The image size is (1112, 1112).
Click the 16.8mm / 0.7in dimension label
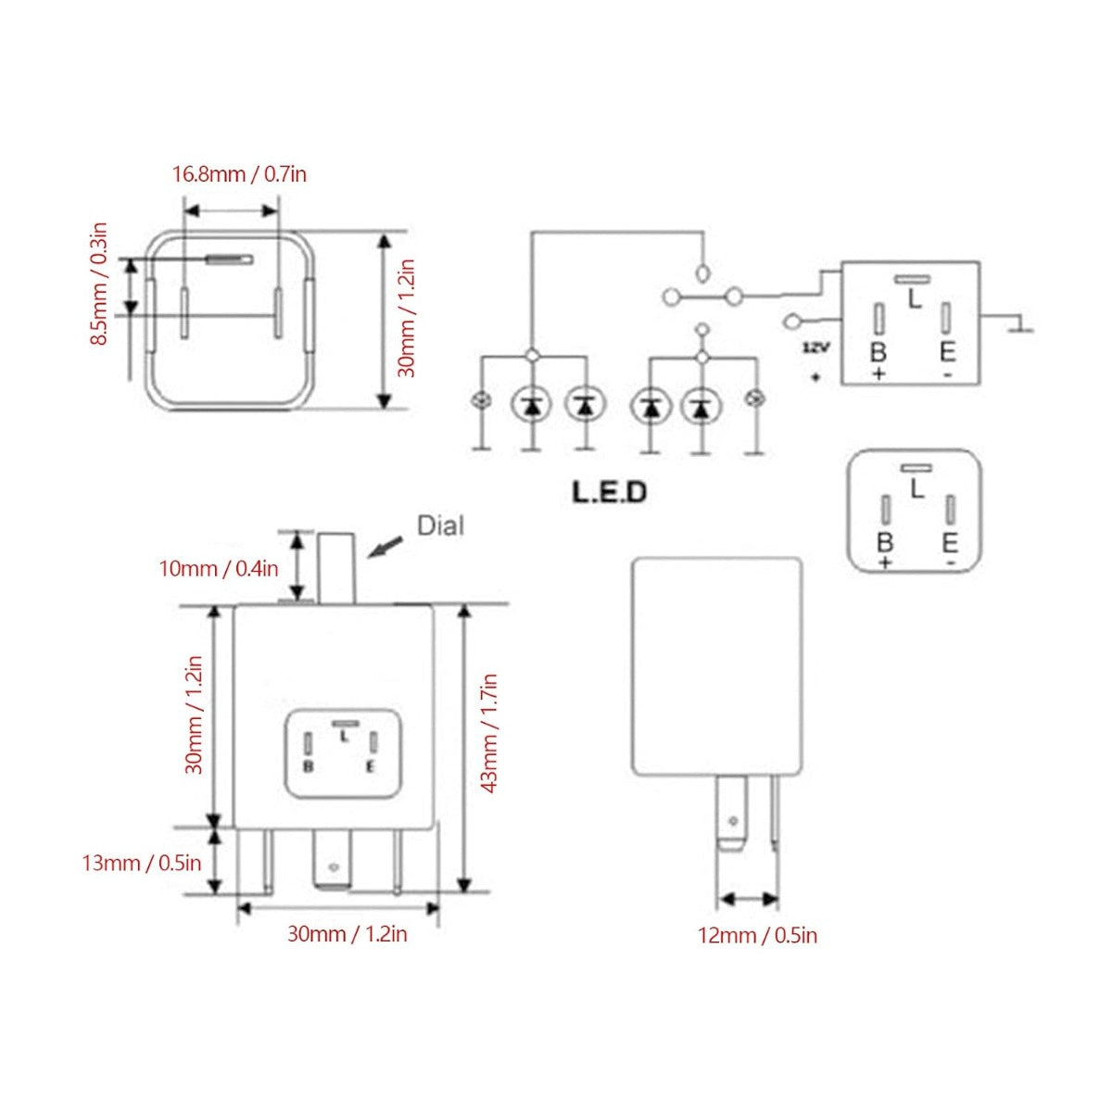(239, 173)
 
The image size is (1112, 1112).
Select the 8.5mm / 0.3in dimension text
(99, 284)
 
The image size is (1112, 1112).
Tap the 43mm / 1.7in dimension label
(488, 733)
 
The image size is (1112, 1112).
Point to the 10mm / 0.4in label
(219, 569)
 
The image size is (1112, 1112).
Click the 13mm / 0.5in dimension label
(142, 864)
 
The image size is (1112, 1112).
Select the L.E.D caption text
(610, 492)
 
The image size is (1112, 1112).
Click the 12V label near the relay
(816, 348)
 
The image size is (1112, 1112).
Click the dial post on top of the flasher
(337, 568)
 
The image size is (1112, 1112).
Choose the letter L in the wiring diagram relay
(915, 299)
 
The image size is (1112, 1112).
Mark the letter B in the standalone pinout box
(885, 542)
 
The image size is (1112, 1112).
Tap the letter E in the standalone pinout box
(949, 543)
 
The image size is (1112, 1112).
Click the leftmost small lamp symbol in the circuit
(481, 399)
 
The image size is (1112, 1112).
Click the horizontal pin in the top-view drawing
(230, 259)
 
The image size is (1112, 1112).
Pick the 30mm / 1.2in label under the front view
(347, 934)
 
